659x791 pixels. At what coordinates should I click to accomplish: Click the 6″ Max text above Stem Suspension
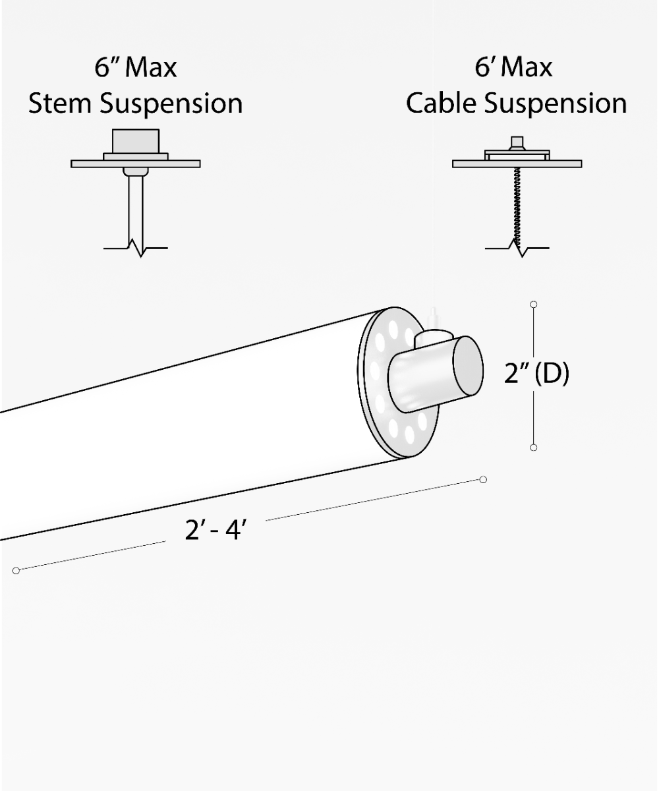(136, 67)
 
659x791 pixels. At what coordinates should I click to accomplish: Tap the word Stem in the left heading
(59, 103)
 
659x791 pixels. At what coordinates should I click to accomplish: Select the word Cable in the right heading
(442, 103)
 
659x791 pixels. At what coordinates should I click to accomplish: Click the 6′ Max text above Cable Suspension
(513, 67)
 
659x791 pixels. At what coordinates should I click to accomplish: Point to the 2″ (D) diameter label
(536, 373)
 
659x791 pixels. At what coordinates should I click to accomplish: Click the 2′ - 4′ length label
(215, 529)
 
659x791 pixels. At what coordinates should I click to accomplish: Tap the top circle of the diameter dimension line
(534, 304)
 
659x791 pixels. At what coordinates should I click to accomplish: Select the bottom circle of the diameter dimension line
(534, 448)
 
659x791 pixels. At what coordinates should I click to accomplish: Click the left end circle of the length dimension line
(16, 571)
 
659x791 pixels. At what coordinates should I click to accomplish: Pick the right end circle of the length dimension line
(483, 480)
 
